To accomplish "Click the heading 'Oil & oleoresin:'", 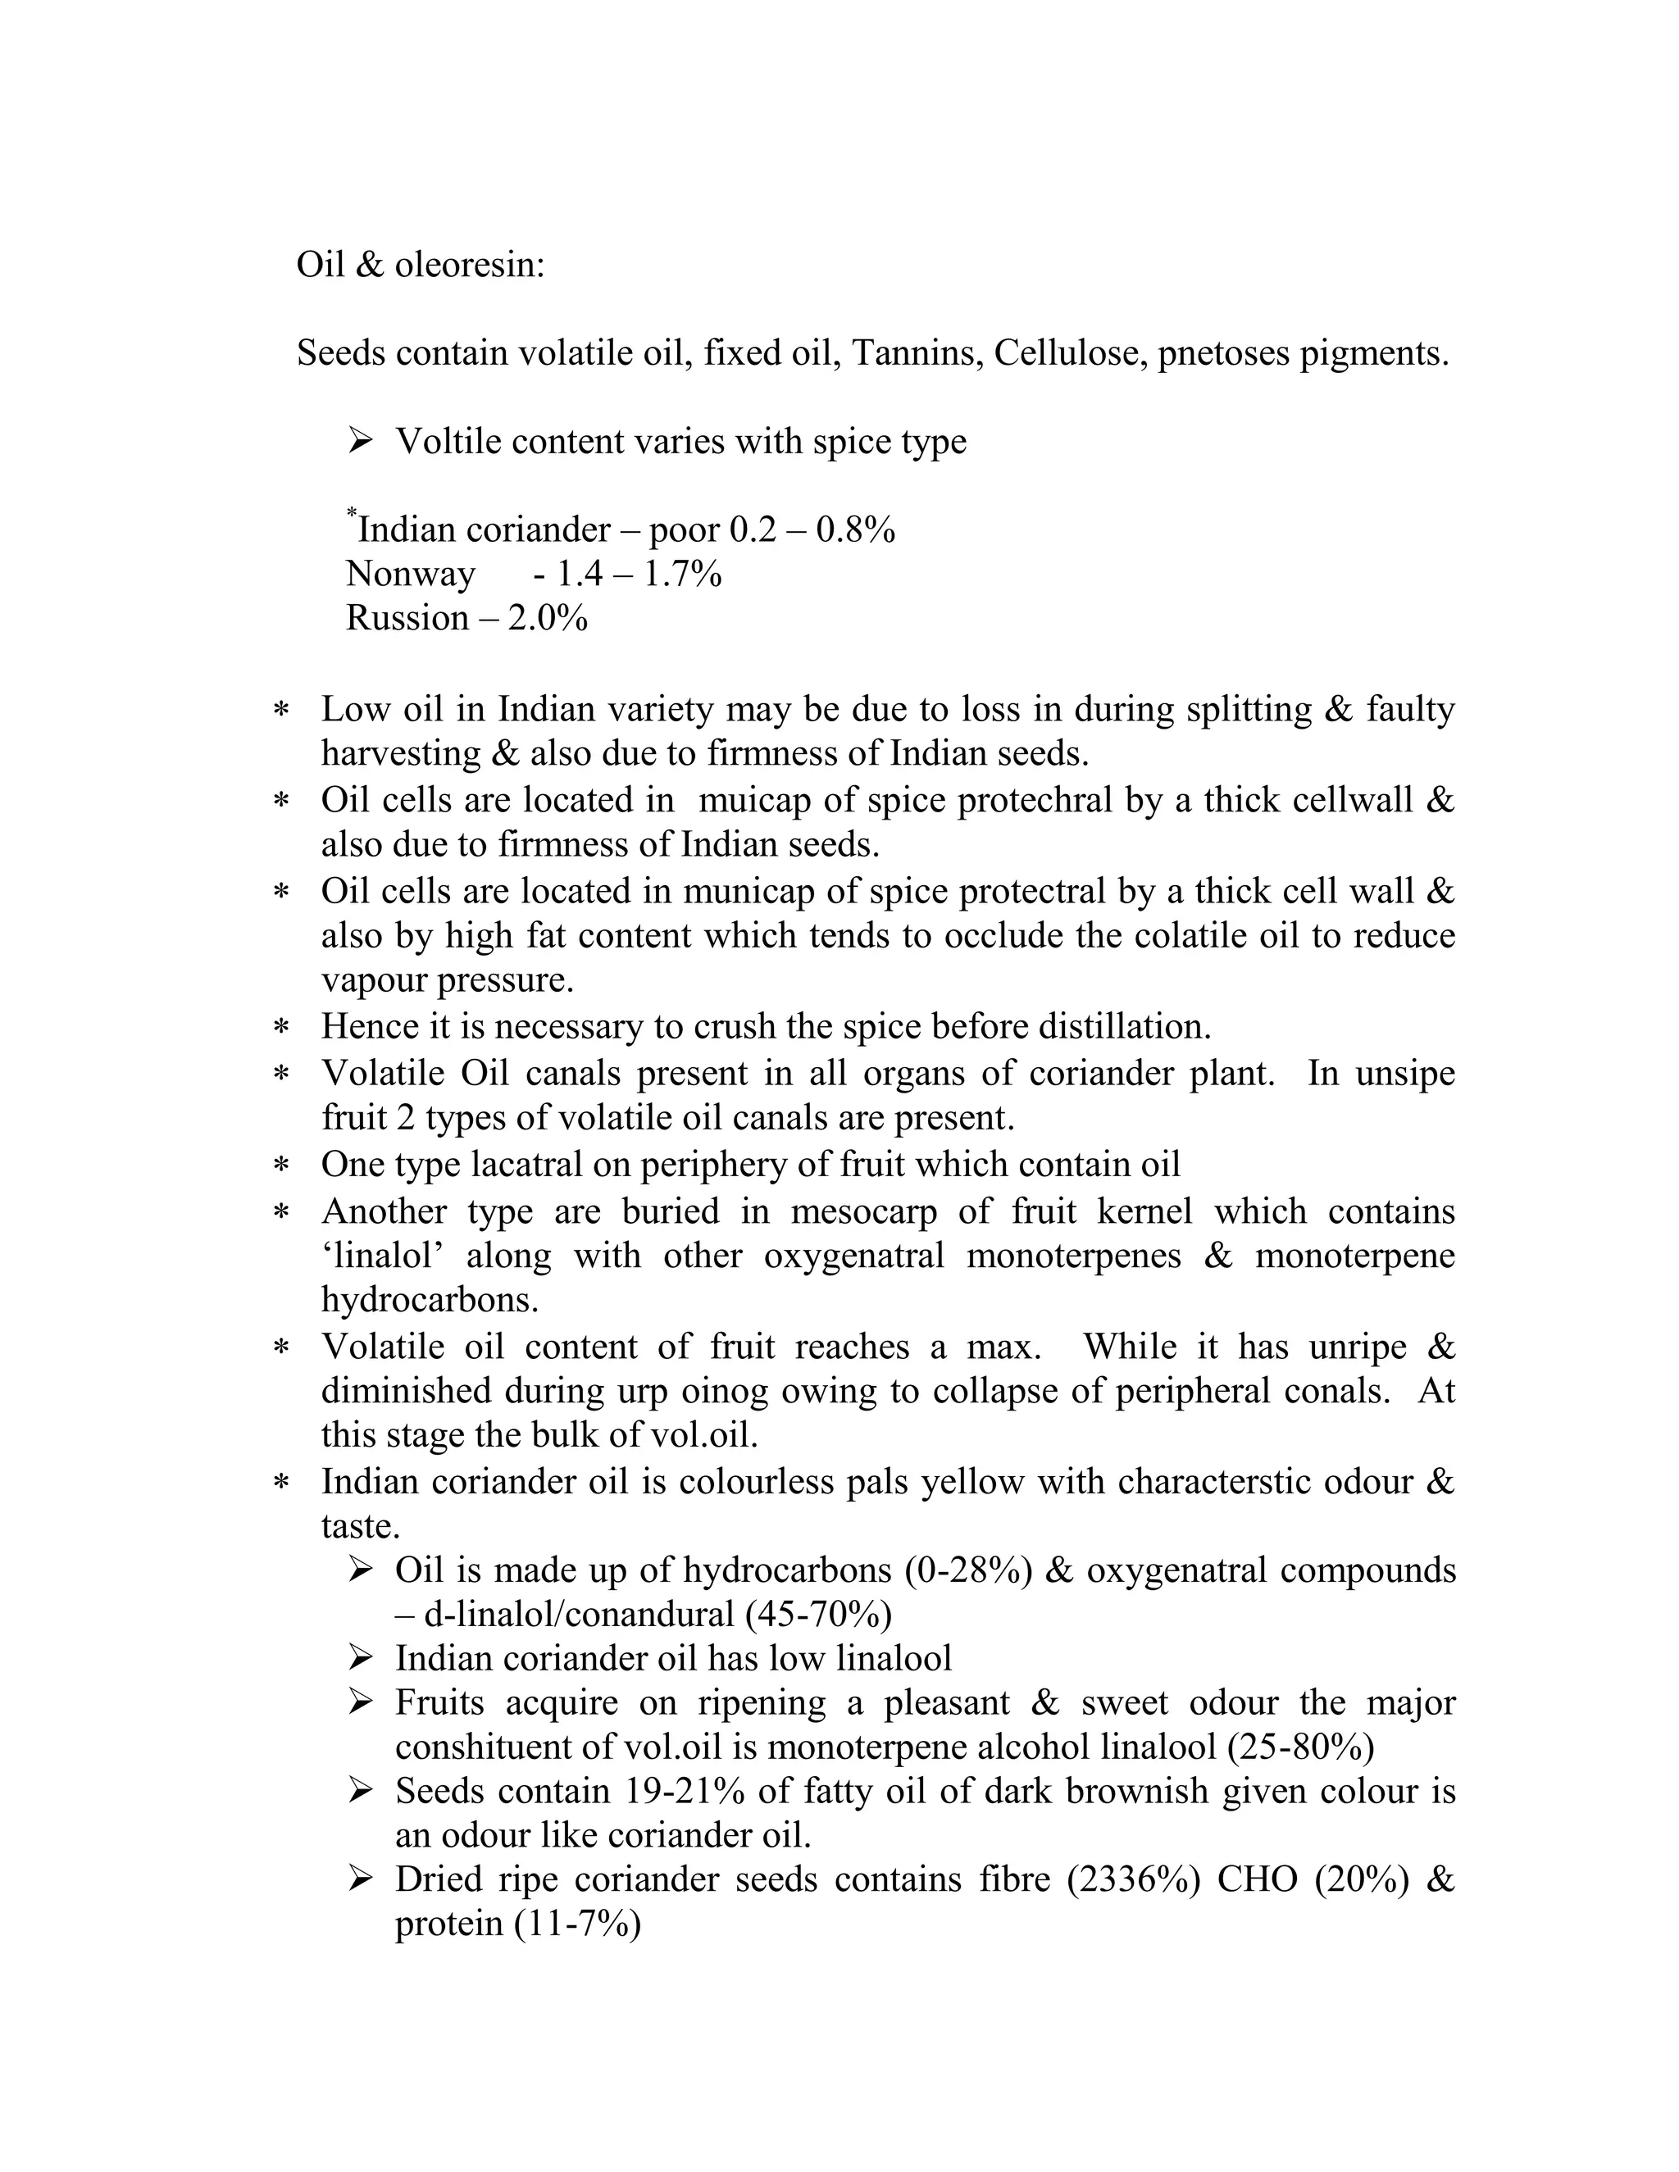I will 421,266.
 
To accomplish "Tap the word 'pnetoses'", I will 1222,353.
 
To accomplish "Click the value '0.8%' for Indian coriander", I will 855,530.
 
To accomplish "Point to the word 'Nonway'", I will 410,574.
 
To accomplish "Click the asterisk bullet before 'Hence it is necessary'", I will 281,1027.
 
